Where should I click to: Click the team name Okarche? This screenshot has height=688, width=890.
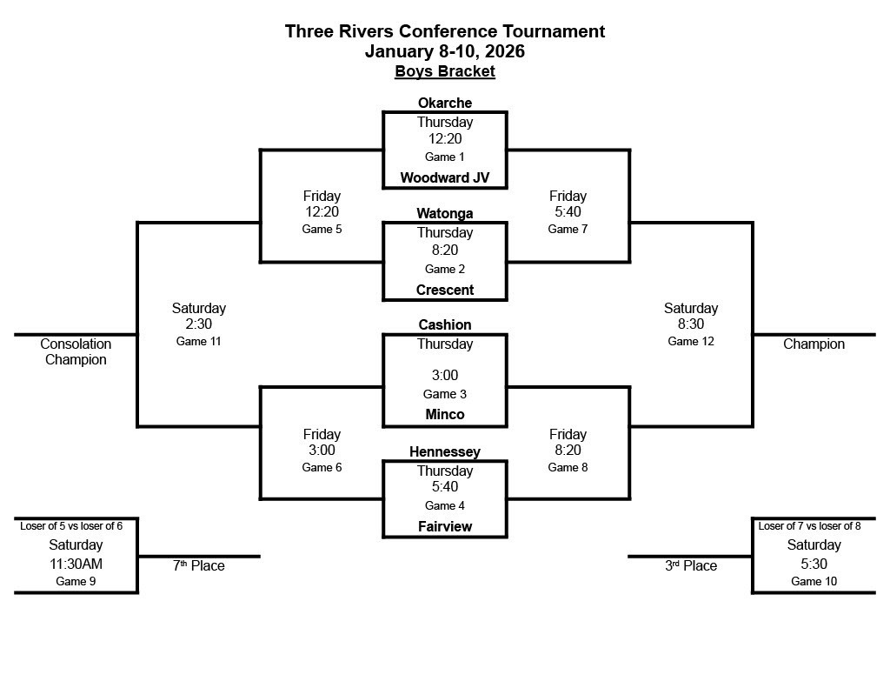tap(444, 103)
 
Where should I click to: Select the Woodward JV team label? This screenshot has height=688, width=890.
tap(444, 177)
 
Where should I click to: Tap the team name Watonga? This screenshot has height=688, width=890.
tap(444, 213)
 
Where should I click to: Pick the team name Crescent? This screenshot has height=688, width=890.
tap(444, 290)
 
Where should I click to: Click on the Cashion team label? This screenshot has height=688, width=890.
tap(444, 324)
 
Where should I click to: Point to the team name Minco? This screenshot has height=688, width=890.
tap(444, 414)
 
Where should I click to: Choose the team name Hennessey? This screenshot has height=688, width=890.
tap(444, 451)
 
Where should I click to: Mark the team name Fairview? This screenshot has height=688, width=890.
tap(444, 526)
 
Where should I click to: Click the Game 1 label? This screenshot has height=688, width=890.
tap(444, 157)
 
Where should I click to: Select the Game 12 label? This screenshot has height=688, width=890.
tap(690, 341)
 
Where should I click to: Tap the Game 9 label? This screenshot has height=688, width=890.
tap(76, 581)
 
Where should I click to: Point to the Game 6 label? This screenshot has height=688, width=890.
tap(322, 467)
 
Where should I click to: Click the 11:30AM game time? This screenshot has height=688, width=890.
tap(76, 564)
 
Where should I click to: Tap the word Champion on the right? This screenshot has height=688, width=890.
tap(814, 344)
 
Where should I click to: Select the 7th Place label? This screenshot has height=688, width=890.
tap(198, 565)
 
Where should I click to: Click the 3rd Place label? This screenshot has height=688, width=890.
tap(691, 565)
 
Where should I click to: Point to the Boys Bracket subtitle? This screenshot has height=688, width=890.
tap(444, 71)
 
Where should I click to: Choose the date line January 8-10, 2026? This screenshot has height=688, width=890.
tap(444, 51)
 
